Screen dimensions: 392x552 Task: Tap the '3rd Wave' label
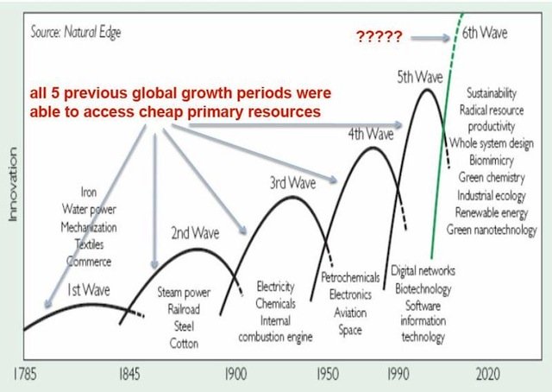[x=286, y=183]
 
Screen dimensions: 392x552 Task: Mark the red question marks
[x=379, y=36]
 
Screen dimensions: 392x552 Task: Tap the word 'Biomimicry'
[x=491, y=160]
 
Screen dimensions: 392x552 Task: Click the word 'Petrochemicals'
[x=350, y=278]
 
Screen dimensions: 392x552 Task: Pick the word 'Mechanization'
[x=88, y=227]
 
